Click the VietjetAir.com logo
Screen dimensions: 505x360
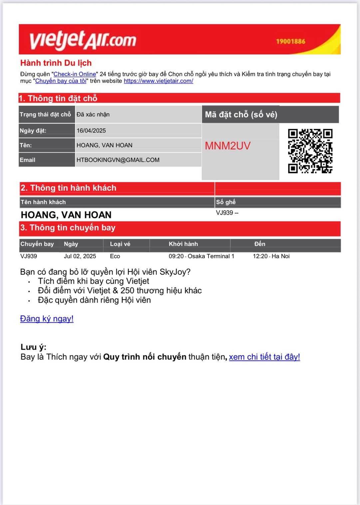[83, 40]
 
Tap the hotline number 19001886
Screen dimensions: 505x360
[290, 41]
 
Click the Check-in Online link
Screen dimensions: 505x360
[75, 74]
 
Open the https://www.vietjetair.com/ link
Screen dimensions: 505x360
[158, 81]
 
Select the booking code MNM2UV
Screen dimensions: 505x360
[227, 146]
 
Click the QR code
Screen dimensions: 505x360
[310, 151]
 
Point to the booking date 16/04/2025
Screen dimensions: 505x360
[91, 131]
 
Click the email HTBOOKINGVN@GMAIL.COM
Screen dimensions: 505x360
[118, 160]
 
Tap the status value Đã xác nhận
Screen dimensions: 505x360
[93, 115]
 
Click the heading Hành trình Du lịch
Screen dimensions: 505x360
[56, 63]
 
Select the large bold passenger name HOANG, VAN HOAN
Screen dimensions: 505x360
[66, 215]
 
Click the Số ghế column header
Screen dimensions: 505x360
[226, 202]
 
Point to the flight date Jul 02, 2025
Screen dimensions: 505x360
[80, 256]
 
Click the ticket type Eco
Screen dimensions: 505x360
[115, 256]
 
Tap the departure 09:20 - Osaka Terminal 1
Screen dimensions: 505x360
[201, 256]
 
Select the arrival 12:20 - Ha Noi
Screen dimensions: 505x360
[271, 256]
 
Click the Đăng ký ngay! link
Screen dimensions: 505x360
[47, 319]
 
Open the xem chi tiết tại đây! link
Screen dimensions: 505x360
[264, 357]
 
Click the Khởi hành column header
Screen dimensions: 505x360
[183, 244]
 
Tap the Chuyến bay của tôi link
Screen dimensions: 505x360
[61, 81]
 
